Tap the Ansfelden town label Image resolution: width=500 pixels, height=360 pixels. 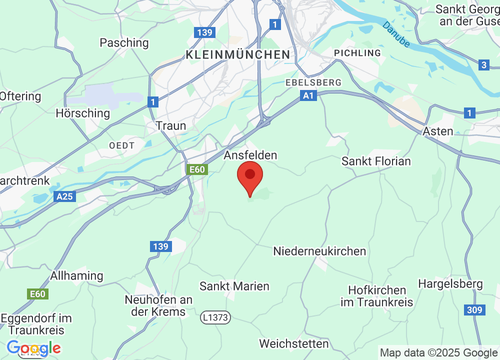pos(250,155)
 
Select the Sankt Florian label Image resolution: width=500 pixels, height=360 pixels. pos(376,161)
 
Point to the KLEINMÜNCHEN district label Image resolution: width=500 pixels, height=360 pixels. pos(237,55)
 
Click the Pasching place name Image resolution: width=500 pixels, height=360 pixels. pos(124,43)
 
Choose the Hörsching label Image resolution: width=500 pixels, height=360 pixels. pos(82,113)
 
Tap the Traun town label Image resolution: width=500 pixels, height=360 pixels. pos(171,125)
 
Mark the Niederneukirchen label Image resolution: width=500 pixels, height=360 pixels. pos(319,251)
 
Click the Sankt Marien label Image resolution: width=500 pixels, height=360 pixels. pos(234,286)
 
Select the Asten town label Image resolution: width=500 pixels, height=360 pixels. pos(438,131)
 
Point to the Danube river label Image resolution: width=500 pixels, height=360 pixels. pos(396,34)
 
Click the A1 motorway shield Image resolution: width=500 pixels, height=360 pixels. pos(309,95)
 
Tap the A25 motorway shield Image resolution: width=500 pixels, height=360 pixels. pos(64,196)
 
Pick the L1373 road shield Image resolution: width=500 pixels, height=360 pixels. pos(216,317)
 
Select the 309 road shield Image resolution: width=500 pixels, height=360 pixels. pos(474,310)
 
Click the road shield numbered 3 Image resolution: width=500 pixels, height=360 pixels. pos(483,65)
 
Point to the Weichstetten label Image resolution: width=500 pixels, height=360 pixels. pos(294,343)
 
